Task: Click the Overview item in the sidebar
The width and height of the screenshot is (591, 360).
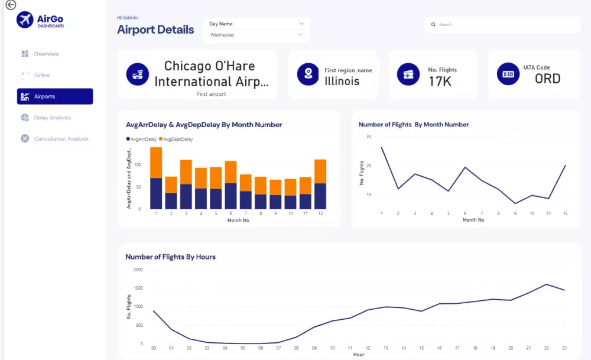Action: pos(46,54)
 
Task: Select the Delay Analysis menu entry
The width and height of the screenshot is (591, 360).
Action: pos(52,118)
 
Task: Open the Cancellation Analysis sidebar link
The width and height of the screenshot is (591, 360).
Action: pos(61,139)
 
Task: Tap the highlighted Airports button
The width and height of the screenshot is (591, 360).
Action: pos(55,96)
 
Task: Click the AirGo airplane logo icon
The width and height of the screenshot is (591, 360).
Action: pos(25,20)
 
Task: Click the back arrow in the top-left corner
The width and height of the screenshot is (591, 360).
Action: pos(10,5)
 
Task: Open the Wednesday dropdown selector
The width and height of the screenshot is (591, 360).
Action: pos(256,35)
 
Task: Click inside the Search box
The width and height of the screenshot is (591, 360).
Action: pos(502,25)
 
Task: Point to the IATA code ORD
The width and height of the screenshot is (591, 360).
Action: pos(547,79)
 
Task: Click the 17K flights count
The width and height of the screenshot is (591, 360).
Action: pos(440,82)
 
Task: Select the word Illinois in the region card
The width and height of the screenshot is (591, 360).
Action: pos(342,82)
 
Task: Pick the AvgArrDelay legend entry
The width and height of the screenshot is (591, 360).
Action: pos(143,139)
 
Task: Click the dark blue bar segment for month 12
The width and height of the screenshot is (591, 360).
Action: pos(320,196)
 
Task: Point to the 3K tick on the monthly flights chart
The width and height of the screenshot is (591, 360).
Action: pos(368,137)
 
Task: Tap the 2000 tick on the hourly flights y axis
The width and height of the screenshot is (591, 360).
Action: pos(138,270)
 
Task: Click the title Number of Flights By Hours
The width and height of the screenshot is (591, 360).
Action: pos(170,257)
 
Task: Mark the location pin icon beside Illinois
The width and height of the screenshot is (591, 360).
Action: pos(307,74)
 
